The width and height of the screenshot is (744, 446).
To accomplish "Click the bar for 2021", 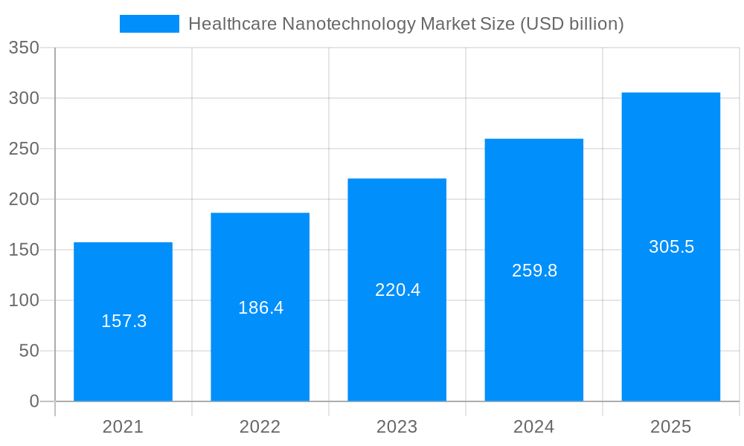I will tap(123, 357).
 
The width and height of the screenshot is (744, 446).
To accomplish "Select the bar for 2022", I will tap(260, 349).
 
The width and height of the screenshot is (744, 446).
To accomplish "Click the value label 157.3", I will tap(124, 321).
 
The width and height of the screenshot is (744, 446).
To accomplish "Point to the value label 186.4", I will tap(260, 307).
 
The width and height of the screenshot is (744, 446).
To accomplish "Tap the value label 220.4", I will tap(397, 290).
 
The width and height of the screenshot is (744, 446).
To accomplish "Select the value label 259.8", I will tap(534, 271).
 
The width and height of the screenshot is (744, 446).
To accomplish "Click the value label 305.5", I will tap(671, 247).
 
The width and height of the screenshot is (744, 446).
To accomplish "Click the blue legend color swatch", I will tap(149, 24).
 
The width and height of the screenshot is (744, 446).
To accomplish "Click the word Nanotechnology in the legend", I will tap(349, 24).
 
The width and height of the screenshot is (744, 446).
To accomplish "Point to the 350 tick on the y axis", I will tap(24, 48).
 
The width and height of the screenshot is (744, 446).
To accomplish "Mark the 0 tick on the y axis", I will tap(34, 401).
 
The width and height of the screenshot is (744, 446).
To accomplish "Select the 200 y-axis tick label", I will tap(24, 199).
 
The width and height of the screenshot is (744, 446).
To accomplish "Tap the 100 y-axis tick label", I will tap(24, 300).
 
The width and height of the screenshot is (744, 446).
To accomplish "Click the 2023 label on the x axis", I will tap(397, 427).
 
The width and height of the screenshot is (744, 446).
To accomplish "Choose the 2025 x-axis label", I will tap(670, 427).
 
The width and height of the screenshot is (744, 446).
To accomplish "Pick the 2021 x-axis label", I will tap(123, 427).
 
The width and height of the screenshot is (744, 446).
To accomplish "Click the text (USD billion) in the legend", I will tap(571, 24).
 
